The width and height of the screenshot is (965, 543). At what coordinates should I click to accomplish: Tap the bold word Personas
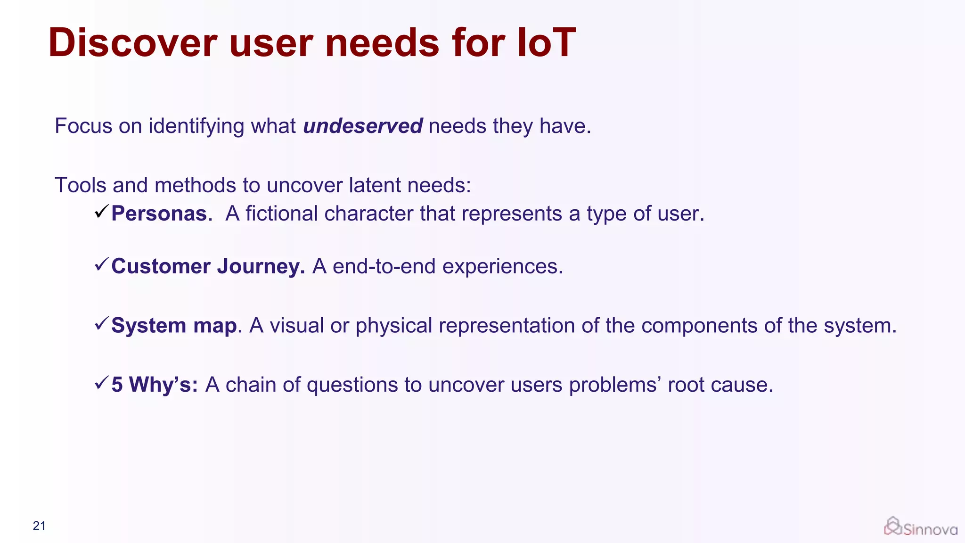tap(159, 214)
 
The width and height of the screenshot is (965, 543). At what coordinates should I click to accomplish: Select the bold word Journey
tap(261, 266)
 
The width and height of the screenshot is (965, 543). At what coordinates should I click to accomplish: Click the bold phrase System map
tap(174, 326)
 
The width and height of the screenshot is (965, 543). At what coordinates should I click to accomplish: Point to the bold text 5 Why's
tap(155, 385)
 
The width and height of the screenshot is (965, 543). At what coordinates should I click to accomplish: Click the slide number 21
tap(39, 526)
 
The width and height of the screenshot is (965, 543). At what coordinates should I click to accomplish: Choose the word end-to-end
tap(384, 266)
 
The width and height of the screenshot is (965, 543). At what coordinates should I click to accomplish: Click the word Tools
tap(80, 185)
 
